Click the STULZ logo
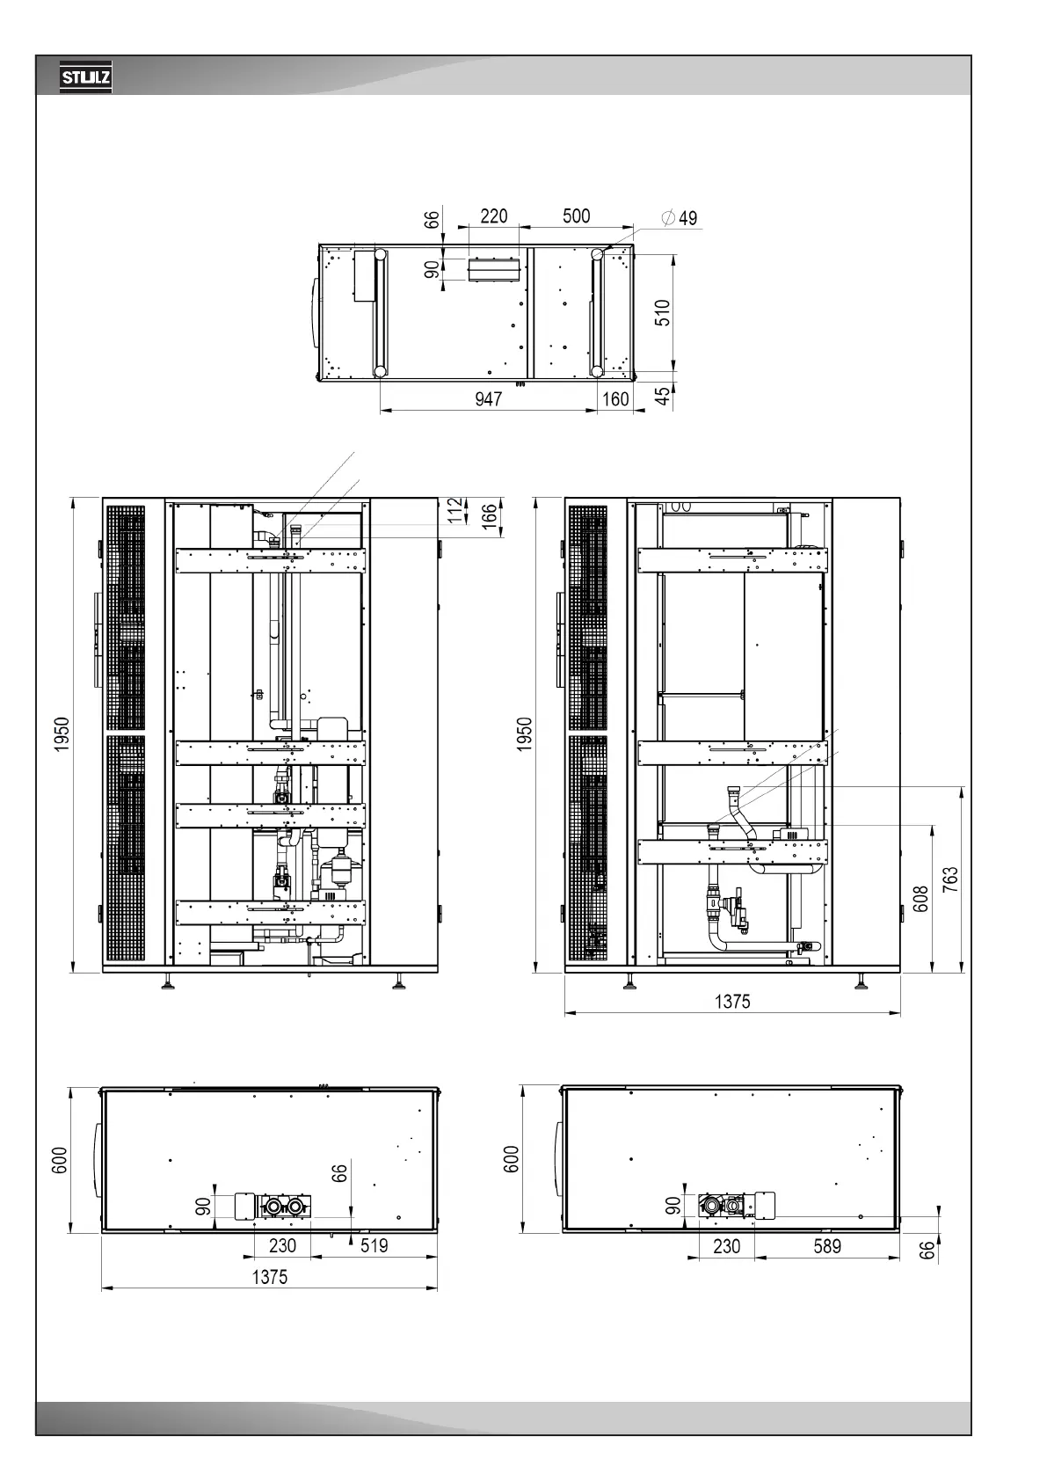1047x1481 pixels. coord(86,77)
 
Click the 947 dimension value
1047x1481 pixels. coord(489,398)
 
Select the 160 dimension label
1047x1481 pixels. coord(615,398)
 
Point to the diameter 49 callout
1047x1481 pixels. coord(680,217)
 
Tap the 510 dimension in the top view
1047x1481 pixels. coord(662,313)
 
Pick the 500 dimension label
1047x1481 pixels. coord(577,216)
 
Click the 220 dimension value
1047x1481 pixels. coord(494,216)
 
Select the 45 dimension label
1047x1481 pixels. coord(662,396)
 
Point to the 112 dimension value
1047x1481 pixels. coord(454,510)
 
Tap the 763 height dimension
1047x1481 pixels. coord(949,879)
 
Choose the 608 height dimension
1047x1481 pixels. coord(920,899)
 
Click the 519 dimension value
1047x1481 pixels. coord(374,1245)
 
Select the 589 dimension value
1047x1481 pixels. coord(827,1246)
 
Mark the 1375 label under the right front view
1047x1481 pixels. coord(732,1002)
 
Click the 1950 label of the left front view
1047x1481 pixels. coord(62,733)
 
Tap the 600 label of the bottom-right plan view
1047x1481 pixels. coord(511,1160)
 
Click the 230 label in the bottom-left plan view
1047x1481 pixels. coord(282,1245)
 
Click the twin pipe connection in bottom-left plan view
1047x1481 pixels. coord(285,1207)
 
